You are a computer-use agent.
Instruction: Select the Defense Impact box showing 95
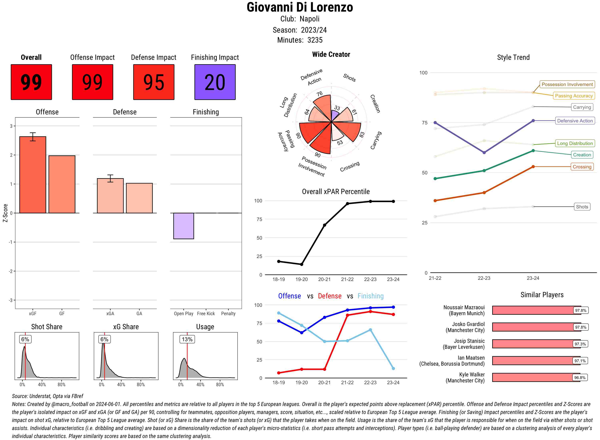pos(154,82)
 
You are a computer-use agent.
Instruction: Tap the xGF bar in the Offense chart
pos(33,175)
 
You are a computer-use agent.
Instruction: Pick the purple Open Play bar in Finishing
pos(183,226)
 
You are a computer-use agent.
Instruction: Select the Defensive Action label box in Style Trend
pos(575,121)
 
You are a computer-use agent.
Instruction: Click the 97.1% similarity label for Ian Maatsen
pos(580,361)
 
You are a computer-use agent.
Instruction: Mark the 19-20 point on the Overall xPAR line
pos(301,264)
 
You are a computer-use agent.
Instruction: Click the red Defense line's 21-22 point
pos(347,315)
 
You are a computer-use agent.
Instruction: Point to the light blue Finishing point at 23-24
pos(393,368)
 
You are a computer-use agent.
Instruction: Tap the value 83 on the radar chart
pos(362,135)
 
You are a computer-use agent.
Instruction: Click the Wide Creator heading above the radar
pos(331,54)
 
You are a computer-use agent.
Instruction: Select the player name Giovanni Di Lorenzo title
pos(300,7)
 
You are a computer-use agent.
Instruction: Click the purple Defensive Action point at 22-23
pos(484,153)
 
